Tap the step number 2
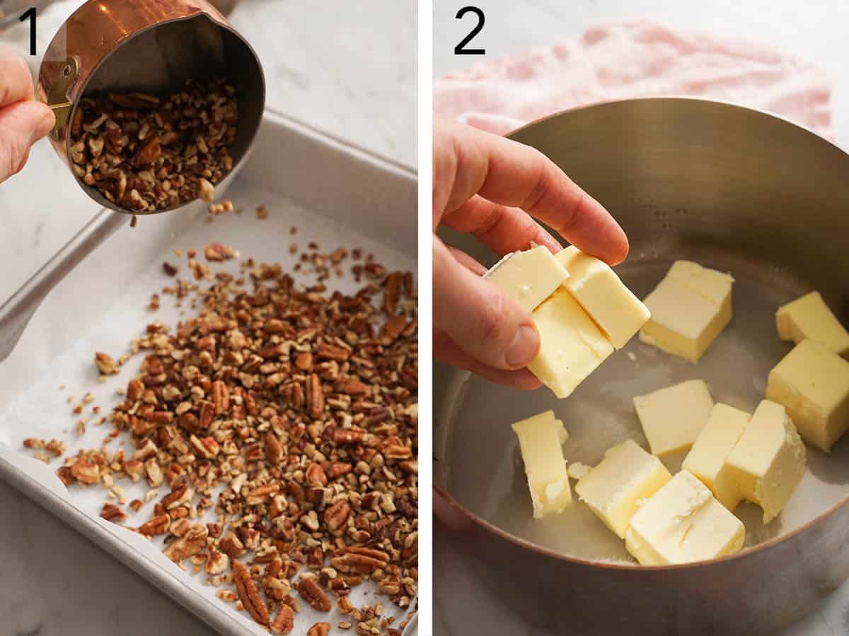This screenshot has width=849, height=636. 469,31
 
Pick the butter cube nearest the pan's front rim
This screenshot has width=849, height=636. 683,519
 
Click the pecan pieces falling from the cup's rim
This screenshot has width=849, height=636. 219,207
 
